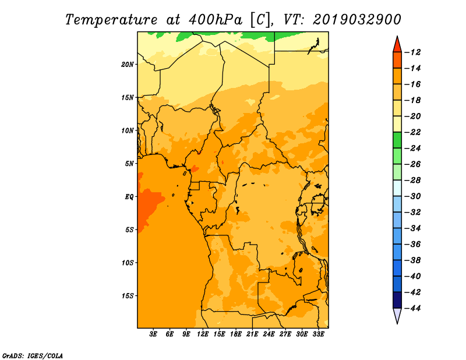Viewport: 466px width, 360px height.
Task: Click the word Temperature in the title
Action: [111, 20]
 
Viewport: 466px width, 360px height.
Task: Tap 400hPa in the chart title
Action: [216, 20]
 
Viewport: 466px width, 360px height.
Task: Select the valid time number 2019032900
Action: [356, 20]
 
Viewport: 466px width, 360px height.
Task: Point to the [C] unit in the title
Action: [260, 20]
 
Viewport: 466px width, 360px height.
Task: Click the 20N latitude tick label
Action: [128, 64]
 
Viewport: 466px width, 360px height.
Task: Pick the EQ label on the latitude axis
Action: [129, 197]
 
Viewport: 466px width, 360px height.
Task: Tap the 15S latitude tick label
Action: [128, 296]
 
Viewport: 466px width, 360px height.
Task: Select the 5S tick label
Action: [129, 230]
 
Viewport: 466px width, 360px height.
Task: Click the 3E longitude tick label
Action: [153, 334]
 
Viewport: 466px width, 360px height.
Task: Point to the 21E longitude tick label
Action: [252, 334]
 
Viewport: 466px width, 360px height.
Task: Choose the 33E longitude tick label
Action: [318, 334]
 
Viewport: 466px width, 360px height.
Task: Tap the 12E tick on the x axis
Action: [203, 334]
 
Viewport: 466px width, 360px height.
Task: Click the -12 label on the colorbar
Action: [413, 52]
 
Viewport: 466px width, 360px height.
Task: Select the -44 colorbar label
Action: [413, 308]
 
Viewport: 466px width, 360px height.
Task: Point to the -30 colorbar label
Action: [413, 196]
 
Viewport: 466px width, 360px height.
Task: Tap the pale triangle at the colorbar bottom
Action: [397, 315]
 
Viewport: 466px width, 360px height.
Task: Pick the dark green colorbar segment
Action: [397, 140]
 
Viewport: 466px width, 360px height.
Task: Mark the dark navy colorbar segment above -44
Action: [397, 300]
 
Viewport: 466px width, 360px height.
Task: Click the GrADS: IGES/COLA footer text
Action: [32, 356]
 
